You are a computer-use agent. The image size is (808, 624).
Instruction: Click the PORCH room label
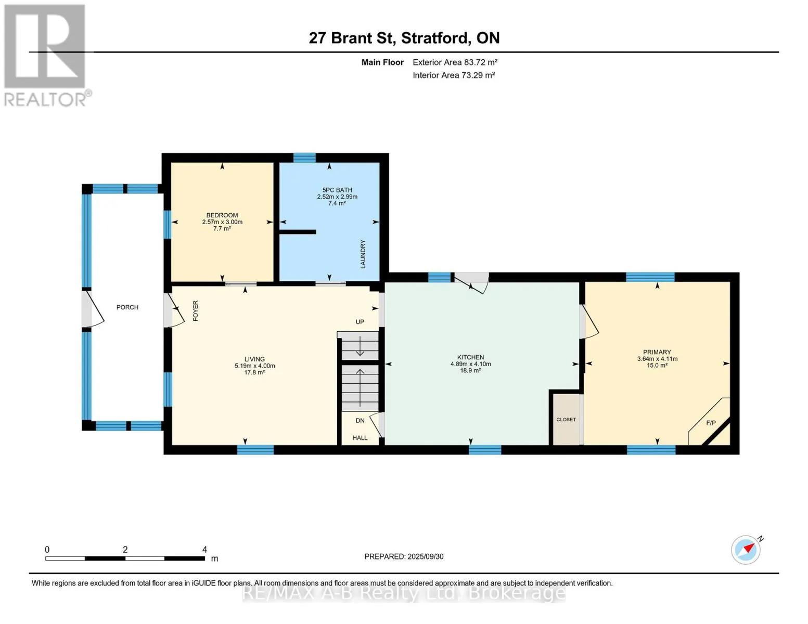[127, 307]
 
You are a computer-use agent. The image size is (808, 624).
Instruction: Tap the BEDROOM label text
[222, 215]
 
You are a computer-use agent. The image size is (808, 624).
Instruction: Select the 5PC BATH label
[337, 190]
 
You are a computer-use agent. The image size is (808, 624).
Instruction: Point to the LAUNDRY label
[363, 254]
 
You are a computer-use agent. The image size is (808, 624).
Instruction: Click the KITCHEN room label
[470, 357]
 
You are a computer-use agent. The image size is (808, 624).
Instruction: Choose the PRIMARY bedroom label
[657, 352]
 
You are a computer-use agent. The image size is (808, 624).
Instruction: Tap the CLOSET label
[566, 419]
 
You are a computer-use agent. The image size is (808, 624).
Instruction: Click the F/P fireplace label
[711, 423]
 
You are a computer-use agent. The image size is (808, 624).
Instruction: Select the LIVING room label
[255, 359]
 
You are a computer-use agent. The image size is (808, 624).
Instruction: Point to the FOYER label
[195, 310]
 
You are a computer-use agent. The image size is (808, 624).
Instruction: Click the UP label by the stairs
[360, 322]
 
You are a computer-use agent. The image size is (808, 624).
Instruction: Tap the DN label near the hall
[360, 420]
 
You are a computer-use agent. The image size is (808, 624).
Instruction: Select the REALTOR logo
[46, 55]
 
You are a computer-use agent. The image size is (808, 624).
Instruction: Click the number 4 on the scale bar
[204, 549]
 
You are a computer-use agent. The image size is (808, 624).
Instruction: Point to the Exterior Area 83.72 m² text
[455, 62]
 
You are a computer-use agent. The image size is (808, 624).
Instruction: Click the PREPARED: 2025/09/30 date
[404, 556]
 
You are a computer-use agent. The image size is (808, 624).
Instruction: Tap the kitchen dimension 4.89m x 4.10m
[470, 364]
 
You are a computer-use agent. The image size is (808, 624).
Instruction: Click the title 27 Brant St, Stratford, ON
[404, 38]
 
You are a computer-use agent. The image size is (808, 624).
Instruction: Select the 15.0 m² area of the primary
[657, 366]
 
